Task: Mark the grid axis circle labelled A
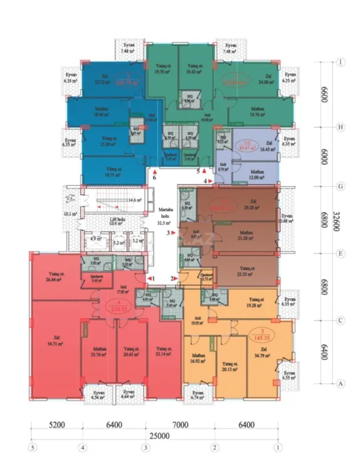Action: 341,383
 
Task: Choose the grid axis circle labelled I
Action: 341,62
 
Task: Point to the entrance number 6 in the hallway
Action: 154,177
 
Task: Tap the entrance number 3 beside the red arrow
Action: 168,233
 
